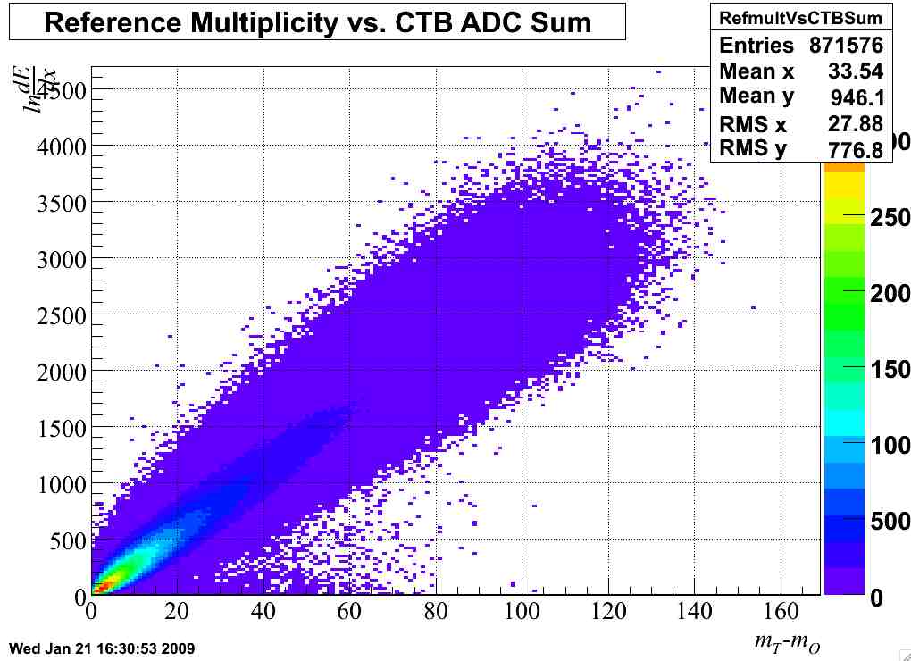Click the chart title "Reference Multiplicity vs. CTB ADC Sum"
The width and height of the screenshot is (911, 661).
(x=317, y=21)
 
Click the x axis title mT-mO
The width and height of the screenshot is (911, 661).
(x=785, y=641)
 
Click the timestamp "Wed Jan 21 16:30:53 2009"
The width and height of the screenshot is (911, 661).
(x=101, y=648)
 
